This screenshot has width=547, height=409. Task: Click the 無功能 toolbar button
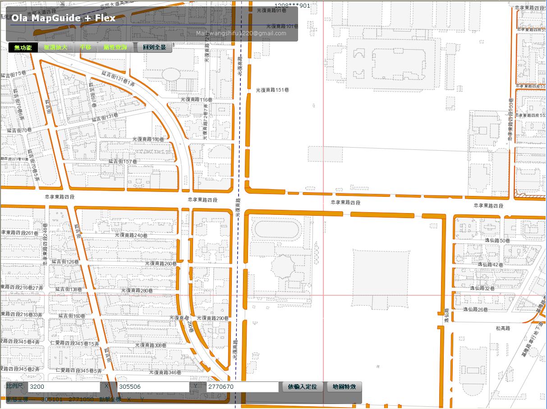pos(23,47)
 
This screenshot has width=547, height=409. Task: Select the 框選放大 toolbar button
pos(55,47)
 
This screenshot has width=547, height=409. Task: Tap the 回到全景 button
pos(154,47)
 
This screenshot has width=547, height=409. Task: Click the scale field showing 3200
pos(64,387)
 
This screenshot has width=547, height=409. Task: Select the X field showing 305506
pos(153,387)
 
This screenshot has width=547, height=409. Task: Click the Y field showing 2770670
pos(242,387)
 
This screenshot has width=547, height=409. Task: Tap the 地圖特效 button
pos(344,387)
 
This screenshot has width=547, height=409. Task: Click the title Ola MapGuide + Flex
pos(64,19)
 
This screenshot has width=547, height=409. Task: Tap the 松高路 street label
pos(503,329)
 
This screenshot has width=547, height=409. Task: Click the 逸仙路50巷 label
pos(497,241)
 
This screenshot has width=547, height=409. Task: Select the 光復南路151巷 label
pos(272,90)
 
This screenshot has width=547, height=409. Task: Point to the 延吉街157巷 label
pos(123,161)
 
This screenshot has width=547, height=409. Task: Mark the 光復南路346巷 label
pos(165,373)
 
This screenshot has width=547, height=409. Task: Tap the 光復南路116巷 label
pos(196,99)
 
